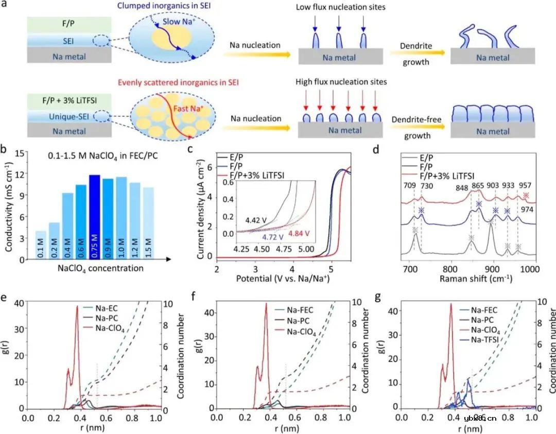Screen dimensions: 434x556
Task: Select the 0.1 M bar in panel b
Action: pos(41,245)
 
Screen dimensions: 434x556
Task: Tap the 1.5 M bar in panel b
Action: pos(148,223)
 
